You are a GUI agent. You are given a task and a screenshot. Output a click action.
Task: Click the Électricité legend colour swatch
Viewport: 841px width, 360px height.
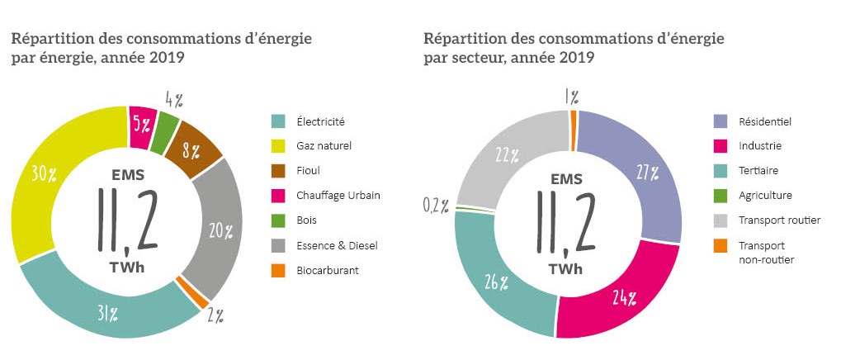click(279, 121)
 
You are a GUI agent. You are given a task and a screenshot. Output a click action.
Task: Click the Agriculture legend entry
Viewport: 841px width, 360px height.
click(765, 196)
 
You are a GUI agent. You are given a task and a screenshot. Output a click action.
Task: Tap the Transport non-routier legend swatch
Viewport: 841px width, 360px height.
click(721, 245)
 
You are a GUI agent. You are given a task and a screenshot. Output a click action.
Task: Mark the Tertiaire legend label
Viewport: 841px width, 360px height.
click(758, 171)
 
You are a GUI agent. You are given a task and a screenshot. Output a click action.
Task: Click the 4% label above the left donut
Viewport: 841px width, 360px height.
click(172, 100)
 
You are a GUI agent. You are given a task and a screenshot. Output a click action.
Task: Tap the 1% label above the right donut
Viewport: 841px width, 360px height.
click(570, 97)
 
